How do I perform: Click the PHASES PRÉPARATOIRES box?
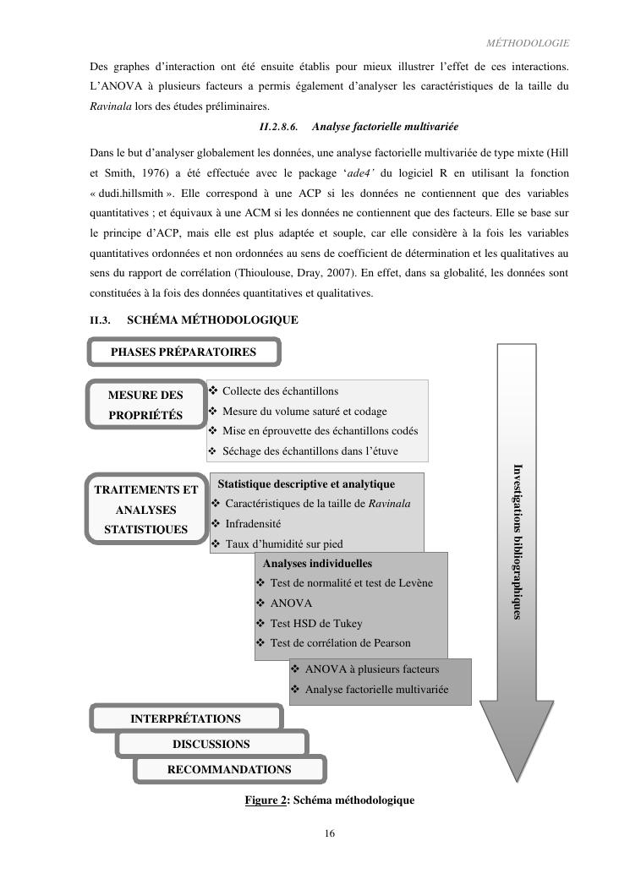coord(184,352)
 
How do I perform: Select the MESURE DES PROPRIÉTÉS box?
coord(145,405)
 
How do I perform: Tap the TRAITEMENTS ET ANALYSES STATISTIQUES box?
coord(146,510)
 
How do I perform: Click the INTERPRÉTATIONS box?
coord(185,718)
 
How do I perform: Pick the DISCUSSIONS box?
coord(211,745)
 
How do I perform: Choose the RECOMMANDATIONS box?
coord(229,770)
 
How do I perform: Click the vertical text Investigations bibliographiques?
coord(518,541)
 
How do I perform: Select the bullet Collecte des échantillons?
coord(280,391)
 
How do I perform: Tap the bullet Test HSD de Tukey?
coord(315,624)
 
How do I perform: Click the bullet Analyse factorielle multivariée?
coord(375,690)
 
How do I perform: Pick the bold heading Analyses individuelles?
coord(317,563)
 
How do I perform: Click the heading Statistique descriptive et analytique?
coord(306,484)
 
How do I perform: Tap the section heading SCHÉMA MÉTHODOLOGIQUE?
coord(212,320)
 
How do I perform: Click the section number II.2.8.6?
coord(278,127)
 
